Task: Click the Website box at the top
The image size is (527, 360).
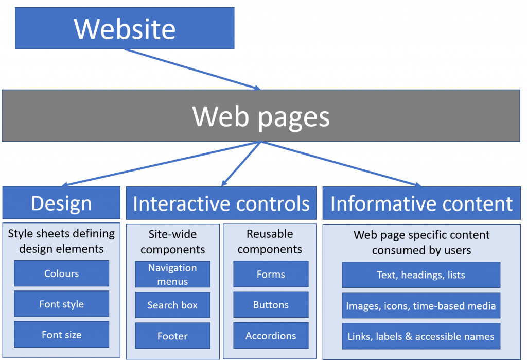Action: (125, 28)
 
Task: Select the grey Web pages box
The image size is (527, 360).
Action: (261, 116)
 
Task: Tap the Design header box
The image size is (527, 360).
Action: (61, 203)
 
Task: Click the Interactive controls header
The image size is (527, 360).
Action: (221, 203)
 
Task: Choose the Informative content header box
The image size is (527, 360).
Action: (421, 203)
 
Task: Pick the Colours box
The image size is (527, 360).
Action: (61, 273)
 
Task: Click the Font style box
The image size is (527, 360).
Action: (61, 304)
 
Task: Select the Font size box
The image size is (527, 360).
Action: (61, 335)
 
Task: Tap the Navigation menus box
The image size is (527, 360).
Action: (172, 275)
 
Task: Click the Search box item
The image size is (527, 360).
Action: (172, 305)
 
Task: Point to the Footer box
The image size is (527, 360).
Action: (172, 336)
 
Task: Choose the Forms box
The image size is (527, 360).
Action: (271, 274)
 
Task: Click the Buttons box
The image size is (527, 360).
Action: (271, 305)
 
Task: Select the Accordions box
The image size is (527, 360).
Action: (271, 336)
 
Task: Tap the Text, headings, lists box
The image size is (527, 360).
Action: (421, 275)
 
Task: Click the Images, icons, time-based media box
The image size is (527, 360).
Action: (421, 305)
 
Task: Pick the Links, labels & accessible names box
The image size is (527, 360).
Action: (421, 336)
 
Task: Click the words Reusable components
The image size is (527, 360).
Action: (270, 242)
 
